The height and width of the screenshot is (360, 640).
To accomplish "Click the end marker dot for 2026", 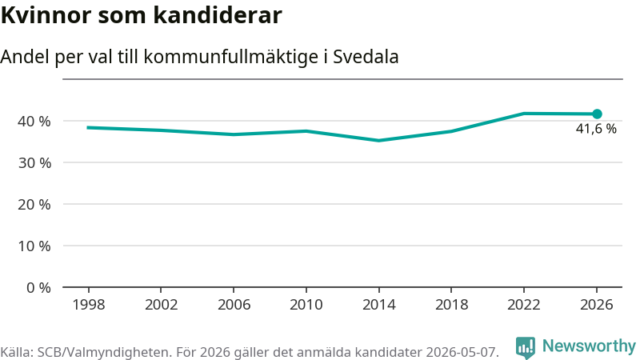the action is tap(597, 114).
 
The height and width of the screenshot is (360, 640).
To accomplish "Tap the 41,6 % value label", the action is tap(596, 129).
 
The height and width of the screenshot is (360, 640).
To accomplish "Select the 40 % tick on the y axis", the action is tap(34, 122).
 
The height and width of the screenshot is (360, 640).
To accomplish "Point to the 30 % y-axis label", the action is tap(34, 163).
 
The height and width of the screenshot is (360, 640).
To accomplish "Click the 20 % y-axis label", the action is tap(34, 205).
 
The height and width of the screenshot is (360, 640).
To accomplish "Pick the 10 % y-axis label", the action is tap(34, 246).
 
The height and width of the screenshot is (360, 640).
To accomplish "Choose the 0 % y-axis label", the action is tap(38, 288).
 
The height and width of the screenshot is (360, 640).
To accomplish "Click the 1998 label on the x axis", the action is tap(89, 305).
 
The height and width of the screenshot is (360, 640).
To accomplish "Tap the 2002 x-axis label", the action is tap(162, 305).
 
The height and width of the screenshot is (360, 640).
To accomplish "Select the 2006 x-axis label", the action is tap(234, 305).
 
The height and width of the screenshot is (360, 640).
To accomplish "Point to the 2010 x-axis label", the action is tap(306, 305).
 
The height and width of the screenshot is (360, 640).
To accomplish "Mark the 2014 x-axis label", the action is tap(378, 305).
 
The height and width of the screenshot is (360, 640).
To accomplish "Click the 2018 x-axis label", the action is tap(451, 305).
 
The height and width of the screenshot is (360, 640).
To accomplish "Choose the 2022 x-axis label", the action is tap(524, 305).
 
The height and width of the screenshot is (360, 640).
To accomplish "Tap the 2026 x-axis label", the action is tap(597, 305).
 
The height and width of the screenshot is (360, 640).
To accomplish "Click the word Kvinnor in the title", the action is tap(46, 15).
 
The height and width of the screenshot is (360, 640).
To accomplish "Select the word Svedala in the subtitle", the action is tap(366, 57).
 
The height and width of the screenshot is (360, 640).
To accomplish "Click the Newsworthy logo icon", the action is tap(526, 348).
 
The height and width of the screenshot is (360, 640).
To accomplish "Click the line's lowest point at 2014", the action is tap(378, 141).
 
